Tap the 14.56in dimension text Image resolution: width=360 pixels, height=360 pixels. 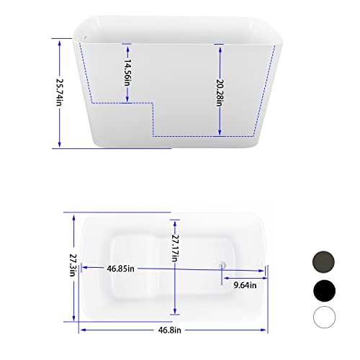coord(127,72)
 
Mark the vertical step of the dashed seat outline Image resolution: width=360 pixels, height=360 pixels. coord(153,119)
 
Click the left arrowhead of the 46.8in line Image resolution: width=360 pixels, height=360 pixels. coord(81,330)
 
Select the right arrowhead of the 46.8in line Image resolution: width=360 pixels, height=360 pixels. coord(267,330)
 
